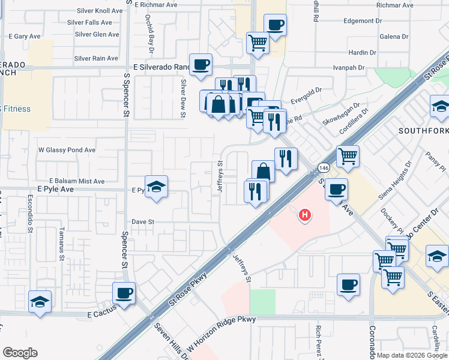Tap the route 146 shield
324,169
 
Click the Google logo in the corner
20,353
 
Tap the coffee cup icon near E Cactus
124,293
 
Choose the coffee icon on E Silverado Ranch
200,64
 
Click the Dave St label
143,221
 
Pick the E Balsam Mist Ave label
77,181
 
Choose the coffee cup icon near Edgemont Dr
275,25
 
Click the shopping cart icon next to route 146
348,157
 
